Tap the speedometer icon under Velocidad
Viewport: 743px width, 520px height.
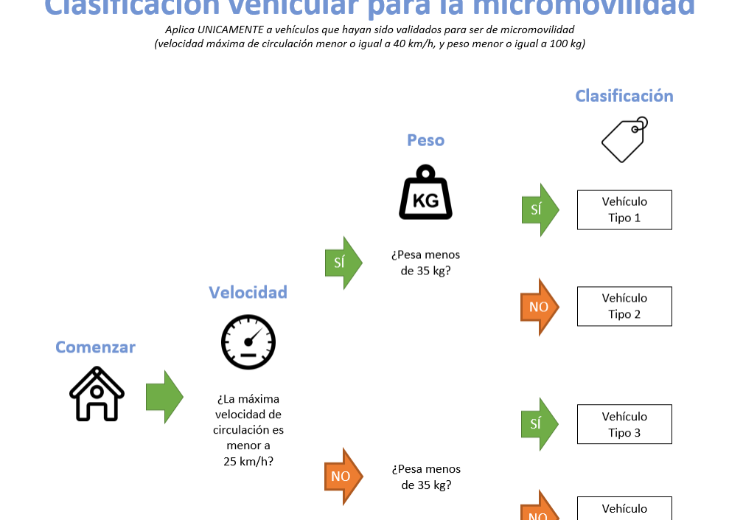coord(248,342)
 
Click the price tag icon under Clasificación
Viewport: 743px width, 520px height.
coord(624,139)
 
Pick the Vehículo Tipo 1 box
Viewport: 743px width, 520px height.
coord(624,209)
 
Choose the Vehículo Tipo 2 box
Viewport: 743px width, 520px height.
coord(624,306)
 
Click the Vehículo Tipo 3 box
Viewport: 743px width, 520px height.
coord(624,424)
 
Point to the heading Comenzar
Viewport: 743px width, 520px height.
coord(96,347)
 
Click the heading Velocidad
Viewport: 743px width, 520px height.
coord(248,292)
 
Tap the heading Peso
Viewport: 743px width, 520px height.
coord(425,139)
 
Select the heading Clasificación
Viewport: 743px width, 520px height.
coord(624,96)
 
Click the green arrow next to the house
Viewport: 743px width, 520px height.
coord(164,397)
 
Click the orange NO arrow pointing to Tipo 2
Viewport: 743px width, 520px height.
coord(540,307)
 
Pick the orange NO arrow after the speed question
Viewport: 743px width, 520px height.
coord(343,476)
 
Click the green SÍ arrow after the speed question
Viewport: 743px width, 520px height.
coord(343,263)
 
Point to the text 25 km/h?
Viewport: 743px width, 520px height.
coord(248,462)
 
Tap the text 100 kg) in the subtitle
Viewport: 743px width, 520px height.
coord(565,44)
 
